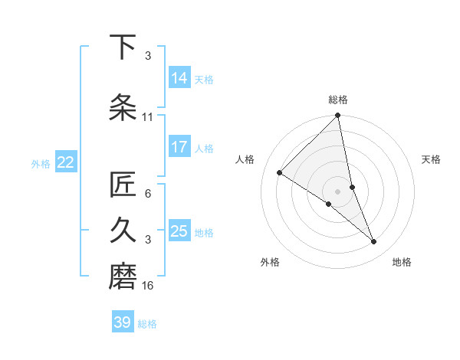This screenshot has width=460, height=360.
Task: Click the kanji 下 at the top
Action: click(123, 47)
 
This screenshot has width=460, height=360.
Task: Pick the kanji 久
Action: click(123, 231)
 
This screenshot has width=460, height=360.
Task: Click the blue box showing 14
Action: click(179, 77)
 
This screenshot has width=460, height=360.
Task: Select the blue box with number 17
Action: click(179, 146)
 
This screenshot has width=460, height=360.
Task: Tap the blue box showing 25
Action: click(179, 231)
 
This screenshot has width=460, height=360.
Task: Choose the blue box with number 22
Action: click(66, 162)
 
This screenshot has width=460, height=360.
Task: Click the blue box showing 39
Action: click(123, 322)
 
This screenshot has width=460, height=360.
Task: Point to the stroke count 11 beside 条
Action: click(148, 117)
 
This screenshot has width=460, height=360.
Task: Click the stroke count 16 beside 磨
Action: click(148, 286)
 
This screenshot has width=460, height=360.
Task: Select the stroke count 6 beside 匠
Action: click(148, 194)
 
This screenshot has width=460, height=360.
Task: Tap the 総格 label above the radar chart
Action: click(338, 100)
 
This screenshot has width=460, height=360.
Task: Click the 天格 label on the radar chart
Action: click(432, 159)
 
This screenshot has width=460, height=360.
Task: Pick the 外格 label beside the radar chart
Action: click(270, 262)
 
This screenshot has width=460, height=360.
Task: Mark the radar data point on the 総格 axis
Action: click(338, 116)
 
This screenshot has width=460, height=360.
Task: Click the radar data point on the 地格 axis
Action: click(374, 242)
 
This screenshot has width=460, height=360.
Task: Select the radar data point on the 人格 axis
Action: click(280, 173)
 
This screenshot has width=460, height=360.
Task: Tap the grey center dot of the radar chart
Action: click(338, 191)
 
